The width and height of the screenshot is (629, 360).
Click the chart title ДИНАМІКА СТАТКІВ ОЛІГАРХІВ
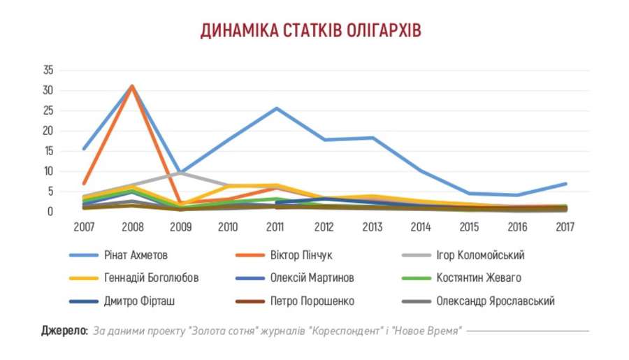pos(311,31)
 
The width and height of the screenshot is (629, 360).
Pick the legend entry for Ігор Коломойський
pos(479,255)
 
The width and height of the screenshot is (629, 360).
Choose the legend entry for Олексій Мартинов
pos(312,278)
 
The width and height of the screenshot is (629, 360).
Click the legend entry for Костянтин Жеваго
pos(479,278)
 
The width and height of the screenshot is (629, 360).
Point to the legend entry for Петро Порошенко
pos(312,301)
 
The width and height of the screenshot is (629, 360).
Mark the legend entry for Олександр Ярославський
pos(495,301)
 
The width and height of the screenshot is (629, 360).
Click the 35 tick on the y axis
pos(48,71)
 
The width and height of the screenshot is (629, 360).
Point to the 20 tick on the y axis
pos(48,131)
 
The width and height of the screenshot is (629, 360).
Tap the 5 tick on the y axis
pos(50,191)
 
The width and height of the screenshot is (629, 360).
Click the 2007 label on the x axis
pos(83,226)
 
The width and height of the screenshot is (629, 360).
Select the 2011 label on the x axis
pos(276,226)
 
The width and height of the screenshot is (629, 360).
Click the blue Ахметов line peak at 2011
pos(276,108)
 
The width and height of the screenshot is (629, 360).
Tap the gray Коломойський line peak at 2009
pos(180,171)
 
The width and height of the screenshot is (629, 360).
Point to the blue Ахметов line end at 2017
pos(565,184)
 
